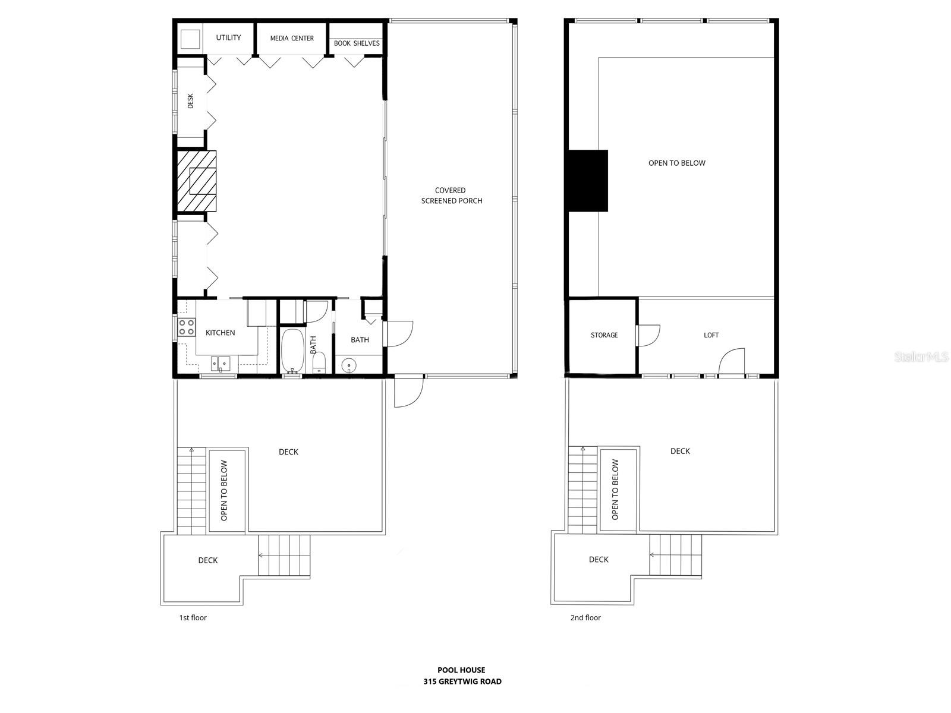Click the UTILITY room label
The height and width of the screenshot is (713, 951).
(228, 38)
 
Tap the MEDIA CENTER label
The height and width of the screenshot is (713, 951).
(292, 39)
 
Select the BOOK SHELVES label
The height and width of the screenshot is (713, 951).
(357, 43)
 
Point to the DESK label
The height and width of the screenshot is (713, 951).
(191, 101)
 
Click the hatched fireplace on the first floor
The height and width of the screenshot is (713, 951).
(197, 181)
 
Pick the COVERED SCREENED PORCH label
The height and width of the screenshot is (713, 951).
(451, 195)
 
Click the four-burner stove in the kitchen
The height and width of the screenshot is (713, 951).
(187, 327)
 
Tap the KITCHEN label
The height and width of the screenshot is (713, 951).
(221, 333)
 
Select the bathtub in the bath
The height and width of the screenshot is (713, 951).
(292, 351)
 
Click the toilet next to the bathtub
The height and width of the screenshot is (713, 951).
(319, 362)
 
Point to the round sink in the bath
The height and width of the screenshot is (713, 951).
(349, 364)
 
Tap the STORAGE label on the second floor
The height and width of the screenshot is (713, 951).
(604, 335)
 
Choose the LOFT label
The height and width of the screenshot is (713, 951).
(711, 335)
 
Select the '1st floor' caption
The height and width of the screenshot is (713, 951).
(193, 618)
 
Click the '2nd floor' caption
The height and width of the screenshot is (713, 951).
(585, 618)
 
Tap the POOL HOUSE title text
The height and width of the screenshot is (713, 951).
(461, 670)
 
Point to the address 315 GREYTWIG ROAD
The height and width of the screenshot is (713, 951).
(462, 682)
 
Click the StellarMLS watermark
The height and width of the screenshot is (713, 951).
(921, 357)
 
